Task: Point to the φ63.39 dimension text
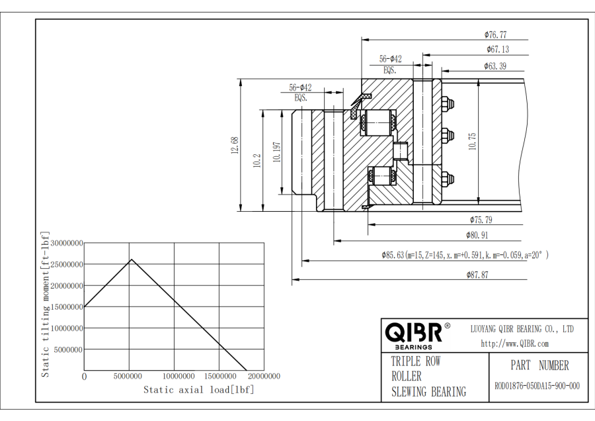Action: (495, 66)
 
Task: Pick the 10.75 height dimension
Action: (472, 142)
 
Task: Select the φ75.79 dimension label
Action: (481, 219)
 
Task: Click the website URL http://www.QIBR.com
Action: (514, 343)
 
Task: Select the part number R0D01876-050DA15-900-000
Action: (539, 386)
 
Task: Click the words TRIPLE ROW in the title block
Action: (415, 361)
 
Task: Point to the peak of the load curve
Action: (132, 259)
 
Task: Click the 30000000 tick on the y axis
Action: (66, 243)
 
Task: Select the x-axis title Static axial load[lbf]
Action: (198, 389)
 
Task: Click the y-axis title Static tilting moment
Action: (46, 304)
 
